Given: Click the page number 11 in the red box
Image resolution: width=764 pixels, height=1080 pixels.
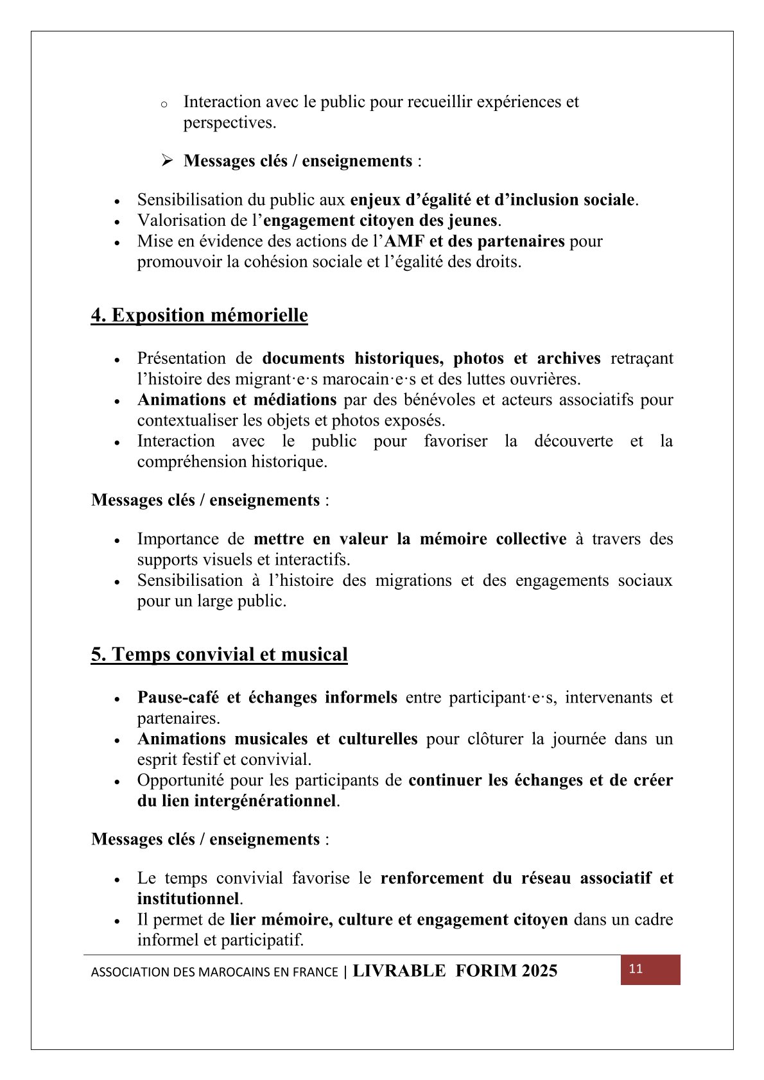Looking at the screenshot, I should (636, 969).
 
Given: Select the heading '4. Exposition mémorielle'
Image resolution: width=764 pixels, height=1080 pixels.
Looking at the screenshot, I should (199, 315).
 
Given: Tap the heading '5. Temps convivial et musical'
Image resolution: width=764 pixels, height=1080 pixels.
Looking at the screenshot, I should (219, 655).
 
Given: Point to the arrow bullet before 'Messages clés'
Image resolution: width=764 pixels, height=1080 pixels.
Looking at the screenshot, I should (168, 160).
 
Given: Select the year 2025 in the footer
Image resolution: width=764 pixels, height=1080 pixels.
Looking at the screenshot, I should (539, 971).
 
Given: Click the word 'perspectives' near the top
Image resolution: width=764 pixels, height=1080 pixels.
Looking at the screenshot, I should (227, 123).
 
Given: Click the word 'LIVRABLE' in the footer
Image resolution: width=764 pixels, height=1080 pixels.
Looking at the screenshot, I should (399, 971).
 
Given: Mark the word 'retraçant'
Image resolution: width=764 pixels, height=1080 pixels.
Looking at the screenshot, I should (641, 358).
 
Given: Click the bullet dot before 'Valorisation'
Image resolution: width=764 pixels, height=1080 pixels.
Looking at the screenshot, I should (117, 222).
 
